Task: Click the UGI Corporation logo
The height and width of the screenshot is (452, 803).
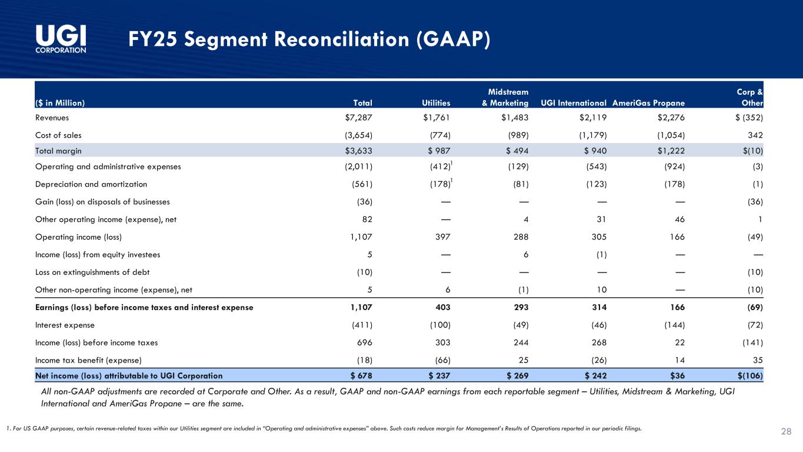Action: point(61,39)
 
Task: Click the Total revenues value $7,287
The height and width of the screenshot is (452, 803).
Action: point(358,117)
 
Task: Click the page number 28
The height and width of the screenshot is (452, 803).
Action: point(785,432)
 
